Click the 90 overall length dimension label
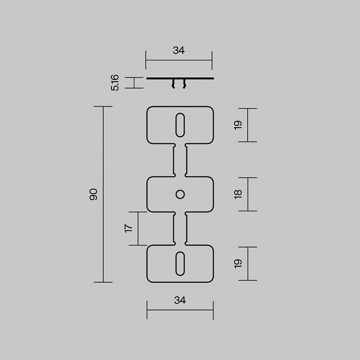point(93,194)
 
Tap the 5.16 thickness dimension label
point(115,83)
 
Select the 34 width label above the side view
point(179,50)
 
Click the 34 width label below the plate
point(180,300)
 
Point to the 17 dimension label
point(128,229)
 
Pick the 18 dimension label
point(238,194)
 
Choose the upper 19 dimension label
point(238,125)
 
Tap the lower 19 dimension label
point(238,264)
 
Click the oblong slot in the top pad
point(180,125)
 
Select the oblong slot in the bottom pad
point(180,264)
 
